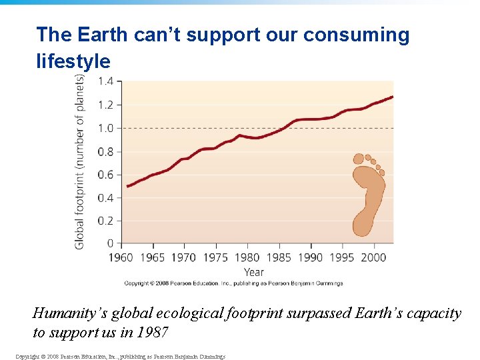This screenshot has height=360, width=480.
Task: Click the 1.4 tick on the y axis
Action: point(106,81)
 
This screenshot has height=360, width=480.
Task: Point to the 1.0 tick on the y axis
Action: point(106,128)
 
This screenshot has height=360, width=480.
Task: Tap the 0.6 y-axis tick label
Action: point(106,175)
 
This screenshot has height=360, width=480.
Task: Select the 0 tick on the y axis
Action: point(110,244)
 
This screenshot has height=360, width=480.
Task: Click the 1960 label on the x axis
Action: point(121,257)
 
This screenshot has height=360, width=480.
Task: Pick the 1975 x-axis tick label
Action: point(215,257)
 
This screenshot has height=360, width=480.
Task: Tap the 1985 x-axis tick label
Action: point(279,257)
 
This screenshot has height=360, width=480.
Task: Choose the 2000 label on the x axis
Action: point(373,257)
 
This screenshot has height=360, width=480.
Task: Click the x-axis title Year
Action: point(253,272)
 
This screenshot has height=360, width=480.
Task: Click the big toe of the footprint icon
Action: point(359,159)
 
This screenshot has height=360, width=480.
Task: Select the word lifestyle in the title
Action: point(73,61)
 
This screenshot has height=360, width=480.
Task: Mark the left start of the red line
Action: point(127,186)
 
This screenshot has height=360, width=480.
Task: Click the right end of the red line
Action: point(392,97)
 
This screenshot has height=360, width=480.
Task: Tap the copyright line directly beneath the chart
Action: point(233,283)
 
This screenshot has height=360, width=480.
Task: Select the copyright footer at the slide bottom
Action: point(120,357)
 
